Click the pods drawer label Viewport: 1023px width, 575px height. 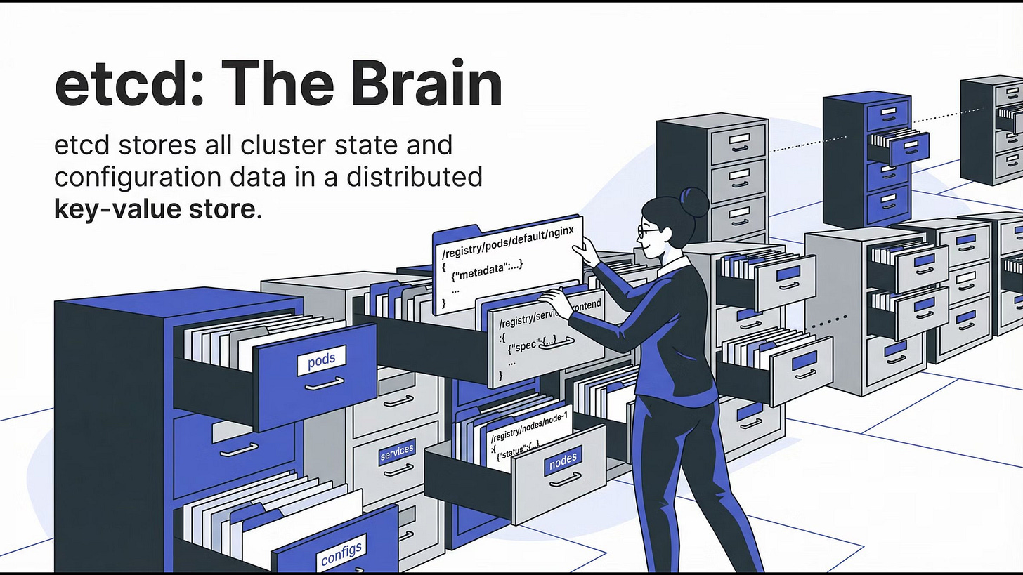click(321, 361)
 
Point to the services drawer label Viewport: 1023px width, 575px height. click(397, 452)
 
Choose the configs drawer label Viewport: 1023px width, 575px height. click(341, 553)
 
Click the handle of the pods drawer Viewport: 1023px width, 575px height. click(325, 383)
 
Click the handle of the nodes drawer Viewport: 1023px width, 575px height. click(566, 480)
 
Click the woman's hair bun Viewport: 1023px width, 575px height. click(695, 201)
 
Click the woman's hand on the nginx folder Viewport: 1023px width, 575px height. click(588, 250)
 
